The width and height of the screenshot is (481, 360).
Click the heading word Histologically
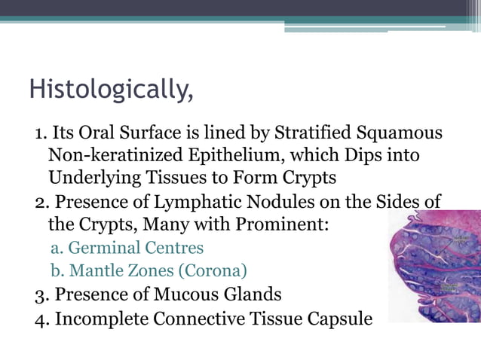pos(110,90)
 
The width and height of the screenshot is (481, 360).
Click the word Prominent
pos(274,224)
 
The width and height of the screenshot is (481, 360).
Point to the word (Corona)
pos(210,270)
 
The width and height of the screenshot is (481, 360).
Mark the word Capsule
pos(335,319)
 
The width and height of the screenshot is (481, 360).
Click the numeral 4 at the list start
pos(41,319)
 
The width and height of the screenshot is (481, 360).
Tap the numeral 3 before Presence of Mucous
pos(41,294)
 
